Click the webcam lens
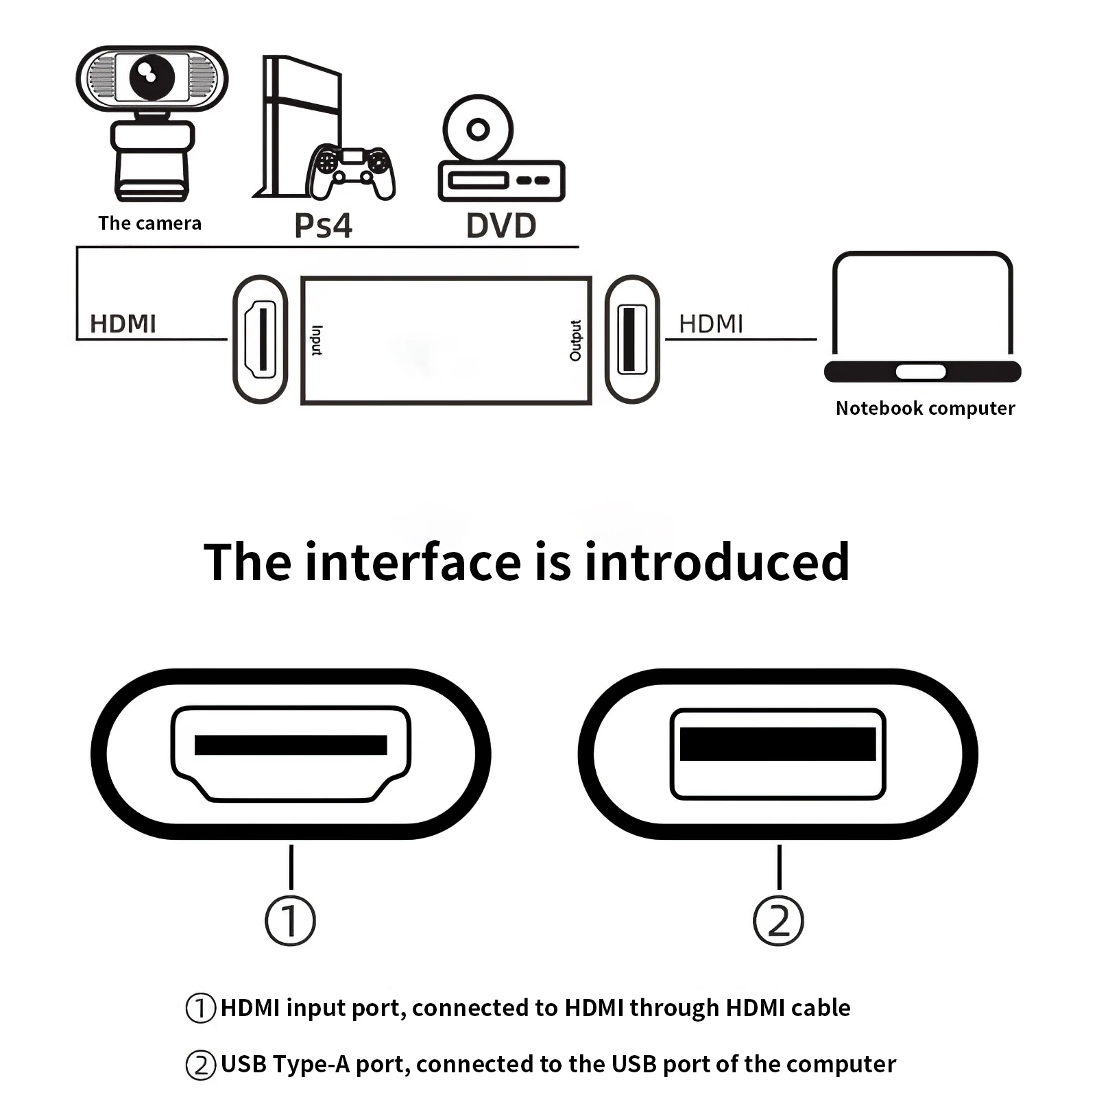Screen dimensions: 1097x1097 point(152,76)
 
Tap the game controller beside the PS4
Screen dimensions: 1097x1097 point(351,171)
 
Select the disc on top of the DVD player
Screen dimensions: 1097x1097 point(478,129)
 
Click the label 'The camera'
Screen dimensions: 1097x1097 point(149,224)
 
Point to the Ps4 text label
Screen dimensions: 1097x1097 point(323,226)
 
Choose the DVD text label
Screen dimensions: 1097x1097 point(501,226)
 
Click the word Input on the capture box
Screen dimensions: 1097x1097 point(317,340)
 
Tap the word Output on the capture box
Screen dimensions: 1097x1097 point(575,340)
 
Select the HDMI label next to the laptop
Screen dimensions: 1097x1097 point(711,324)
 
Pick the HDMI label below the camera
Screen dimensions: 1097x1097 point(123,324)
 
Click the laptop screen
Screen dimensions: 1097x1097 point(922,305)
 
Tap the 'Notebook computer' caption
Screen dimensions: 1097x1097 point(925,408)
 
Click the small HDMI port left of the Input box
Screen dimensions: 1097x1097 point(261,339)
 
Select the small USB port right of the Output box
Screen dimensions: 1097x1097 point(631,339)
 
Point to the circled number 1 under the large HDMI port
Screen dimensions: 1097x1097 point(291,921)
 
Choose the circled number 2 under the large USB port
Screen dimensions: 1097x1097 point(778,921)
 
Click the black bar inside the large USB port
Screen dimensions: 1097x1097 point(777,744)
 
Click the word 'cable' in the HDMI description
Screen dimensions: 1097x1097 point(821,1008)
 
